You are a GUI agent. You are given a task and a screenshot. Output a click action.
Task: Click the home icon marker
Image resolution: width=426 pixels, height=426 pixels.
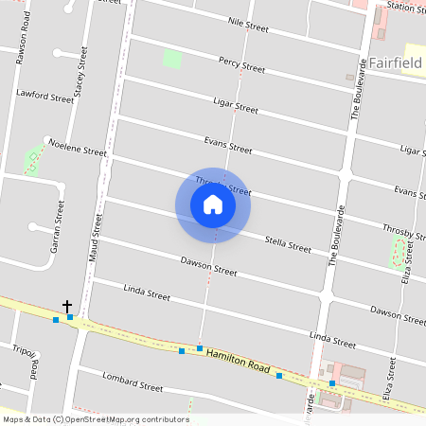pos(213,204)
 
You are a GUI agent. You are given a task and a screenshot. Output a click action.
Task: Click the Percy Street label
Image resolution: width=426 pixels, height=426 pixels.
pos(241,65)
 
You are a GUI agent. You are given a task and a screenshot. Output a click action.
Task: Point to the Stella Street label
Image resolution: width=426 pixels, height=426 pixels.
pos(288,244)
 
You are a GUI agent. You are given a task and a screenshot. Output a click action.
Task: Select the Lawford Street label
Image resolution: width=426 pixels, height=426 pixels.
pos(44,96)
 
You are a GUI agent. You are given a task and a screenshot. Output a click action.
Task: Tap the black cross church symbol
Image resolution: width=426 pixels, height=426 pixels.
pos(67,306)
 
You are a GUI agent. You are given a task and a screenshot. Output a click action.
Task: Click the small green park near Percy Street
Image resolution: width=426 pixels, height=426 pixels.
pos(171,58)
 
